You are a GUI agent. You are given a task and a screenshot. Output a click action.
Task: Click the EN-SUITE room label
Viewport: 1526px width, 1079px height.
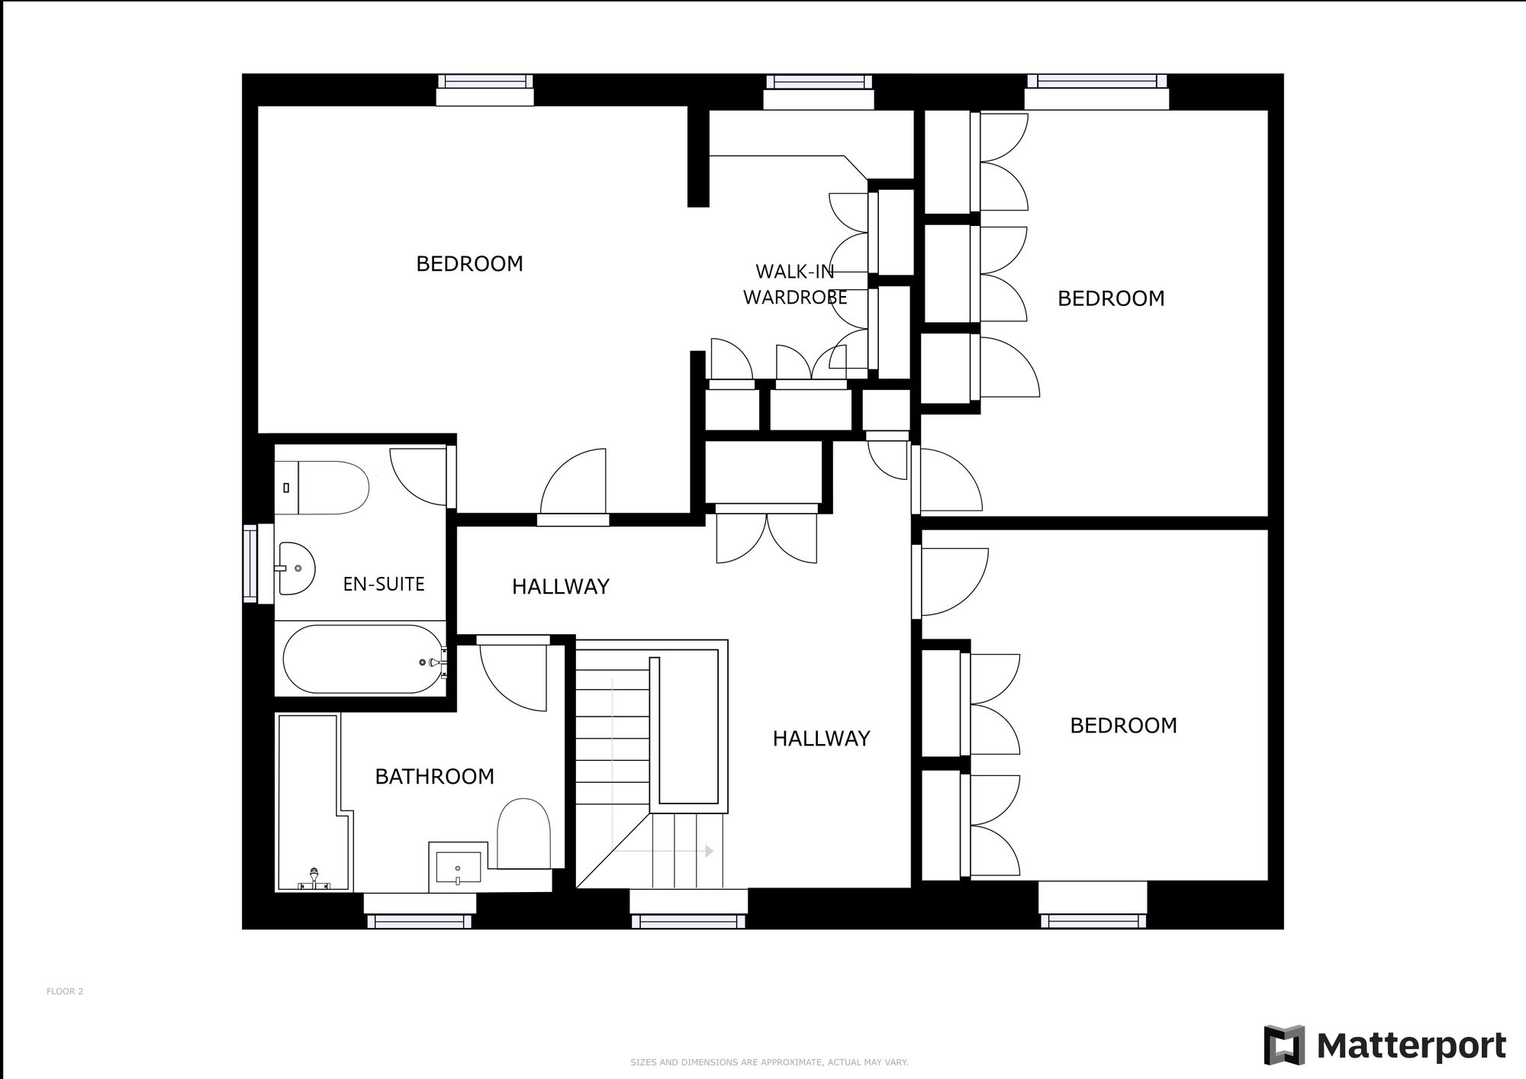(x=383, y=584)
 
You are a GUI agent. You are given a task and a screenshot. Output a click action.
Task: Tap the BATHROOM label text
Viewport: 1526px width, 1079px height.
(x=434, y=776)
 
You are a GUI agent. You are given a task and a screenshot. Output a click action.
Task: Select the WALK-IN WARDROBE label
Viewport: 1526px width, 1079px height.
(x=795, y=285)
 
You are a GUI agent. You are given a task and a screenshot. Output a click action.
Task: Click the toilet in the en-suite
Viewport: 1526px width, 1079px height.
(x=333, y=488)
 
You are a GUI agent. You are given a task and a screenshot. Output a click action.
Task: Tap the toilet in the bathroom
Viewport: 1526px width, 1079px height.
(x=523, y=833)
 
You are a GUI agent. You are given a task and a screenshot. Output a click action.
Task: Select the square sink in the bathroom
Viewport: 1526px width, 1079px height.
(x=458, y=868)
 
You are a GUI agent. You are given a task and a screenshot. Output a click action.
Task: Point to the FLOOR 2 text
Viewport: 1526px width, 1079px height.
(x=65, y=991)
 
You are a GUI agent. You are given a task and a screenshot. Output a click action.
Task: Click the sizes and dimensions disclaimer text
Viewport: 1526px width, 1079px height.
(x=769, y=1062)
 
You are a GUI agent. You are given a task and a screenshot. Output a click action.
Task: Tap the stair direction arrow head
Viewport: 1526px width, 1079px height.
(x=710, y=851)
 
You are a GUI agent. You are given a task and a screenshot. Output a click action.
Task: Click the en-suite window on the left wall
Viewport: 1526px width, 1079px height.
(x=250, y=563)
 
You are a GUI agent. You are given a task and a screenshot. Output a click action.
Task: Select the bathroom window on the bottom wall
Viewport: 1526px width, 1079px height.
(x=420, y=921)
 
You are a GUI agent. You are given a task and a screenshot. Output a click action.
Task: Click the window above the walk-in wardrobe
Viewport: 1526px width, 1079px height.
(x=819, y=82)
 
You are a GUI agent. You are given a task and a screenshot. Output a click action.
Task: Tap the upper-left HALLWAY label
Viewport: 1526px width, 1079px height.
(x=560, y=586)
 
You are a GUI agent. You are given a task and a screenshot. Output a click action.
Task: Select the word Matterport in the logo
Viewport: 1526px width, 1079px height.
(x=1412, y=1045)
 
